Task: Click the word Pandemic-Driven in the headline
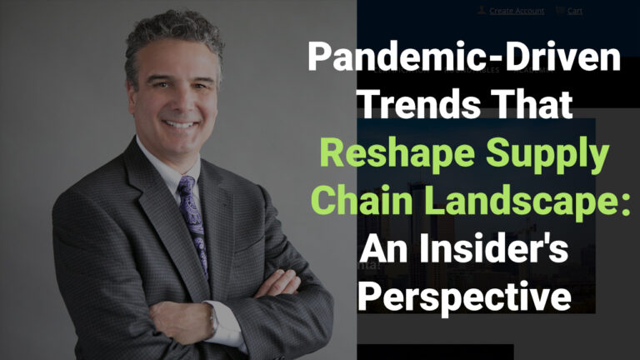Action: [x=464, y=61]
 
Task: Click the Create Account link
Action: [x=517, y=11]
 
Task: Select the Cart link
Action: [x=575, y=11]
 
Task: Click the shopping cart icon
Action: [x=560, y=11]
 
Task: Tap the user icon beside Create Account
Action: [x=482, y=11]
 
